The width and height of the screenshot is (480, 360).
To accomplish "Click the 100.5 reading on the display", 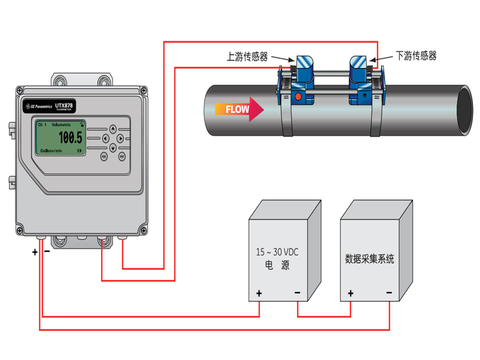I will [x=70, y=138].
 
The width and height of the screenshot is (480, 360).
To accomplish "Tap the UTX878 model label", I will [x=65, y=104].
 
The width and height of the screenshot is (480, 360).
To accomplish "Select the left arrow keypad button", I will [x=105, y=138].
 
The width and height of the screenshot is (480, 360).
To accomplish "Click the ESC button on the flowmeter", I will [x=104, y=156].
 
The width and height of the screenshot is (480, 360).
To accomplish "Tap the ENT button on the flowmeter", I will [x=122, y=156].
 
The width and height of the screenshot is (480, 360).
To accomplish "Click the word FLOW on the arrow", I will [x=238, y=109].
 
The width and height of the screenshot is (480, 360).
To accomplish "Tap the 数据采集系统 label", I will [x=370, y=259].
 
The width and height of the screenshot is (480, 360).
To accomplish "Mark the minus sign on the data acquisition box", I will [x=389, y=293].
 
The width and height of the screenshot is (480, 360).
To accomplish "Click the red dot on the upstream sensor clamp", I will [x=298, y=96].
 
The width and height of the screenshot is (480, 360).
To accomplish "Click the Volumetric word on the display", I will [x=61, y=125].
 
